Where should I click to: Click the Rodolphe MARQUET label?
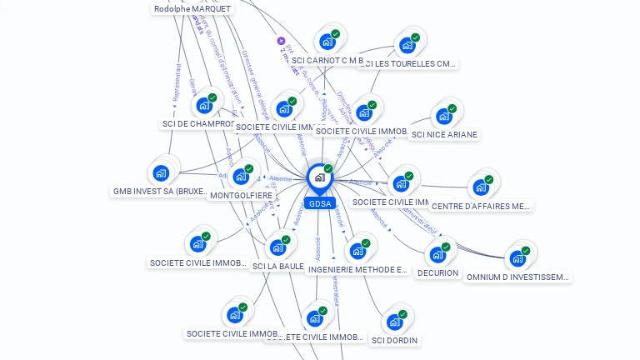(192, 9)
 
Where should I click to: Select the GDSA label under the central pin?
(319, 203)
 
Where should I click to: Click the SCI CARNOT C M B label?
(327, 61)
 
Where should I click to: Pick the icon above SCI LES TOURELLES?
(407, 44)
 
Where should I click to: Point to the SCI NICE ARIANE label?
(444, 135)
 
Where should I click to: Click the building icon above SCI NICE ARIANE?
(444, 115)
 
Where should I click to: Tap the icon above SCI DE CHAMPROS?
(204, 106)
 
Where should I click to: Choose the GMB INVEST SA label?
(160, 192)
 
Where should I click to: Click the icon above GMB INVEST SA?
(161, 172)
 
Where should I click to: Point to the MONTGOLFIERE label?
(241, 196)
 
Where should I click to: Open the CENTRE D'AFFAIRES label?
(481, 206)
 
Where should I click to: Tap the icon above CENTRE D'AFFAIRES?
(481, 187)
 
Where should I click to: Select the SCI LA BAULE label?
(278, 267)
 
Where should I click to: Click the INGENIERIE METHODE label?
(357, 270)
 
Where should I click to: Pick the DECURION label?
(437, 273)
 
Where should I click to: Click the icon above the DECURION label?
(437, 254)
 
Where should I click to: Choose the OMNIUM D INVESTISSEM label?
(517, 277)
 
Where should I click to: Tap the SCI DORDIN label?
(395, 340)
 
